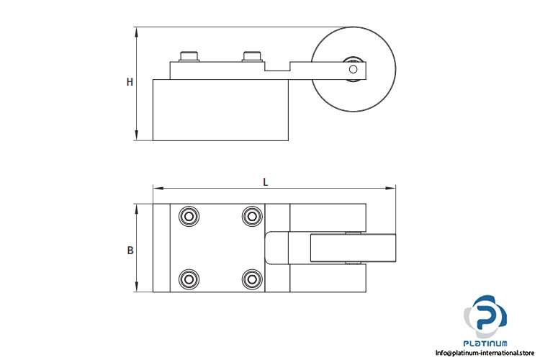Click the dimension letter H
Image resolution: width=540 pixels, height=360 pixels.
(x=130, y=82)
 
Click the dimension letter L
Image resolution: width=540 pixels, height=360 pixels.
(x=265, y=182)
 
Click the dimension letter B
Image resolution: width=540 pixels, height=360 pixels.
(x=130, y=251)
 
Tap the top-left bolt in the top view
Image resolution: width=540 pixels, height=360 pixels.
(x=189, y=216)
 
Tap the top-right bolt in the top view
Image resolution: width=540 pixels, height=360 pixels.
(x=252, y=216)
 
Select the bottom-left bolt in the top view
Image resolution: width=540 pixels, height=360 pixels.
(x=189, y=279)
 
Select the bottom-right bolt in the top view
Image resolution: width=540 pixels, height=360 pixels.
(x=252, y=279)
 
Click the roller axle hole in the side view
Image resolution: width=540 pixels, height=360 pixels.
(x=353, y=69)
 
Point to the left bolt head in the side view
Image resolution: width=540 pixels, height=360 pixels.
(x=189, y=56)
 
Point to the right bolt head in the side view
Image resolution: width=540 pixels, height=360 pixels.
(x=253, y=56)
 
